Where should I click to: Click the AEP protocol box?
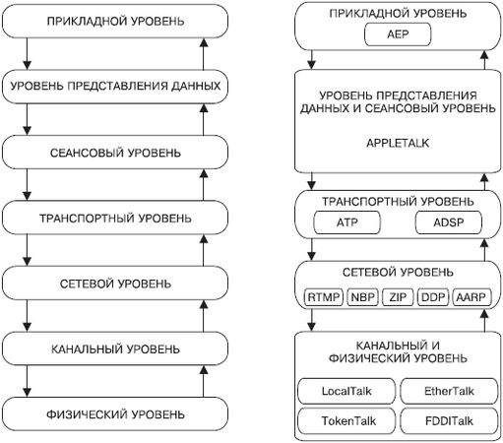(x=399, y=35)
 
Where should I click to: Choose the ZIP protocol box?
(x=398, y=296)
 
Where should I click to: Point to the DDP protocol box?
(x=434, y=296)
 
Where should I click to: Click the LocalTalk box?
(x=345, y=391)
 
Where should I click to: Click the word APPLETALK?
(x=399, y=142)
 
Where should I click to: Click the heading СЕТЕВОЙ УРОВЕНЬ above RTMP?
(x=399, y=272)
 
